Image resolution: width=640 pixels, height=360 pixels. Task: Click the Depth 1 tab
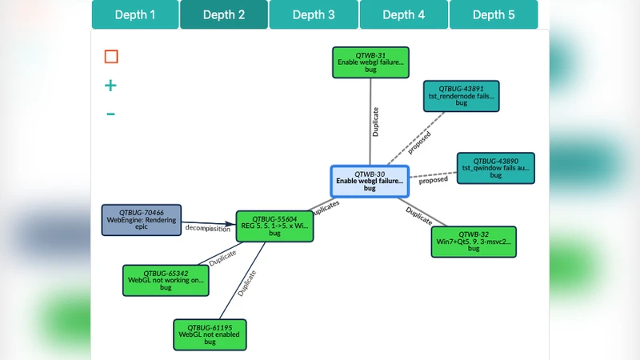[135, 14]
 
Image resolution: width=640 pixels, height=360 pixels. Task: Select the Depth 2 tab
[224, 14]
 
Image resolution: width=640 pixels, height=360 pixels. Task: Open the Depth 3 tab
[314, 14]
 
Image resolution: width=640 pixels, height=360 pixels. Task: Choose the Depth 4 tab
[404, 14]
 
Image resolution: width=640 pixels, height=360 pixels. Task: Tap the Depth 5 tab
[494, 14]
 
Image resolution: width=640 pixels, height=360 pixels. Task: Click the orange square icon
[111, 57]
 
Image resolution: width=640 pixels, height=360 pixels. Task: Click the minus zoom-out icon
[110, 114]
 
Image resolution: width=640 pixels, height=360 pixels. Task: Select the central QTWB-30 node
[370, 182]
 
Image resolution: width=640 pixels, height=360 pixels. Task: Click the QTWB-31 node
[370, 62]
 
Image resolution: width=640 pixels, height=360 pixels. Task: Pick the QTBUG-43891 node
[462, 95]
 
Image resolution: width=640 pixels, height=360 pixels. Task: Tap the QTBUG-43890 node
[495, 168]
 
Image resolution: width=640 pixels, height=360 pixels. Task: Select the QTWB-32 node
[474, 242]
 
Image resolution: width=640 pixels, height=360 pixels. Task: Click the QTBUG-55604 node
[274, 226]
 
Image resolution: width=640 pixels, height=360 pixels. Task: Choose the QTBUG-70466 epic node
[142, 220]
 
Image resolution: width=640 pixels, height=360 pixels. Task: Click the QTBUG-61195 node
[210, 334]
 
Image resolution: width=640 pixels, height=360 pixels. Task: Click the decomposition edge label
[208, 229]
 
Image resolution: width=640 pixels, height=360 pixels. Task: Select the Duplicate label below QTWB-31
[376, 121]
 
